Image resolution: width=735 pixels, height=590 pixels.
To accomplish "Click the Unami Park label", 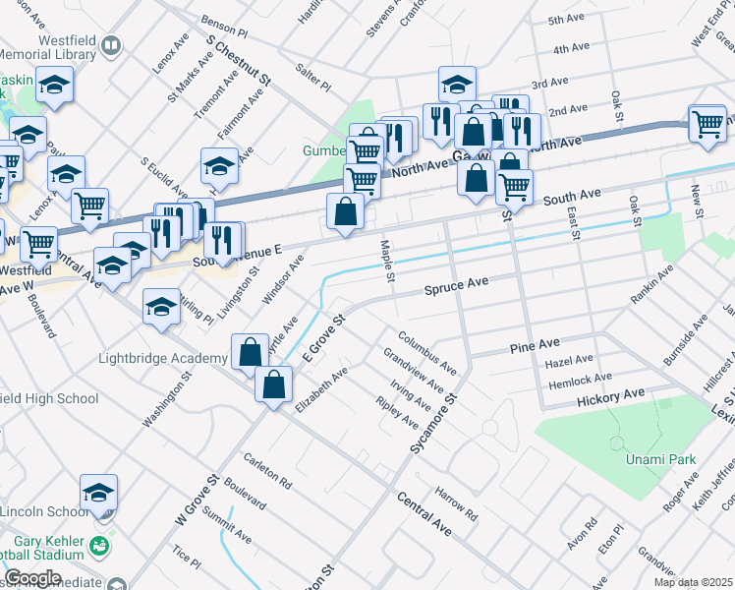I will coord(653,460).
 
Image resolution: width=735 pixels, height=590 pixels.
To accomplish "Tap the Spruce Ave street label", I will coord(456,284).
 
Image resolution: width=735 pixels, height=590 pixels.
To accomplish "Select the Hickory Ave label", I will coord(610,396).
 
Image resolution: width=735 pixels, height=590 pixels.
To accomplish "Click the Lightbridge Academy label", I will coord(163,358).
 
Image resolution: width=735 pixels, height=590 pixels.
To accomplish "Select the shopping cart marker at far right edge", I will coord(707,124).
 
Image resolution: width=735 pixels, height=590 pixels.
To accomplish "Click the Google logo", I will coord(32,577).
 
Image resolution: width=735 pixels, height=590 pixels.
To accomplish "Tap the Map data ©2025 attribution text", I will coord(694,582).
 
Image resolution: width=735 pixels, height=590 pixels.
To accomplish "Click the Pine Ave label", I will coord(535,346).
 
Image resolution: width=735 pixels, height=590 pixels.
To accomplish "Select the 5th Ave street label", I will coord(567,20).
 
